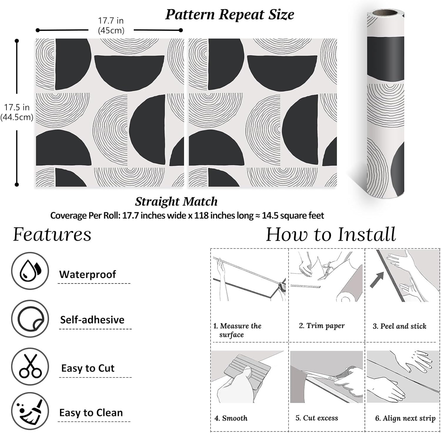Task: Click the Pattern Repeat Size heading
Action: click(230, 15)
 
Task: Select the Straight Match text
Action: click(176, 202)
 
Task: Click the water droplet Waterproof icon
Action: click(30, 271)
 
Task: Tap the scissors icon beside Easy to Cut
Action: click(30, 366)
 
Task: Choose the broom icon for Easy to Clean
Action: click(30, 411)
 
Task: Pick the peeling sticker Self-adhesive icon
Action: click(30, 319)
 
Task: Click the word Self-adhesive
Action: click(92, 320)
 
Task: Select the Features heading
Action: click(52, 235)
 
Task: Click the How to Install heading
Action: click(331, 235)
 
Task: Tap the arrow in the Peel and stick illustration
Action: click(377, 280)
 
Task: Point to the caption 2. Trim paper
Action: click(322, 326)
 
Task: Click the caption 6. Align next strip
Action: click(405, 418)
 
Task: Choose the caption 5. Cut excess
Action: click(317, 418)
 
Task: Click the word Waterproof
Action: click(88, 274)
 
